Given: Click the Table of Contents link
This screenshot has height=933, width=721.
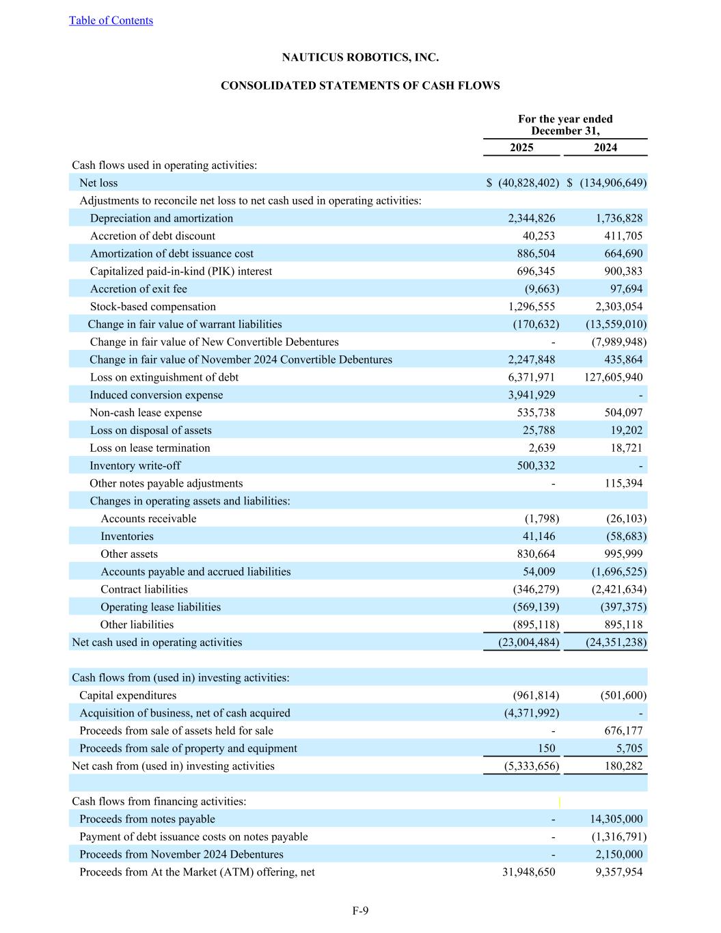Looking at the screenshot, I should [111, 21].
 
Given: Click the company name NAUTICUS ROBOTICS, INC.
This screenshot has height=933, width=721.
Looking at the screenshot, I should [360, 57].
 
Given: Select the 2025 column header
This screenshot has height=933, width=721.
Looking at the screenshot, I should [521, 148].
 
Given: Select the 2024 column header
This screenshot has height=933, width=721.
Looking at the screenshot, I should [605, 148].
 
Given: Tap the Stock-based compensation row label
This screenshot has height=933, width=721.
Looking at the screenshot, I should [152, 307].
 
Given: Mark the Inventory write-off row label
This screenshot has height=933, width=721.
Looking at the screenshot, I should [135, 466].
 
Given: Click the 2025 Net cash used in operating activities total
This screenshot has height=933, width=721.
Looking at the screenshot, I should [521, 643].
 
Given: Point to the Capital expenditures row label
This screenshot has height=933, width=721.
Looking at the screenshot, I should [128, 696].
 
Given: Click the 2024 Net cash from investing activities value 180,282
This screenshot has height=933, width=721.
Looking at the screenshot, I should [623, 766].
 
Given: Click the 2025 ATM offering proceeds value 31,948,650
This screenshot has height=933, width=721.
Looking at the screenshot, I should [528, 872].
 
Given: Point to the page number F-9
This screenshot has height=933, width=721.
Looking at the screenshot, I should [360, 910].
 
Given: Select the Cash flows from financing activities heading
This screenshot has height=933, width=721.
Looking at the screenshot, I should [159, 802].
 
